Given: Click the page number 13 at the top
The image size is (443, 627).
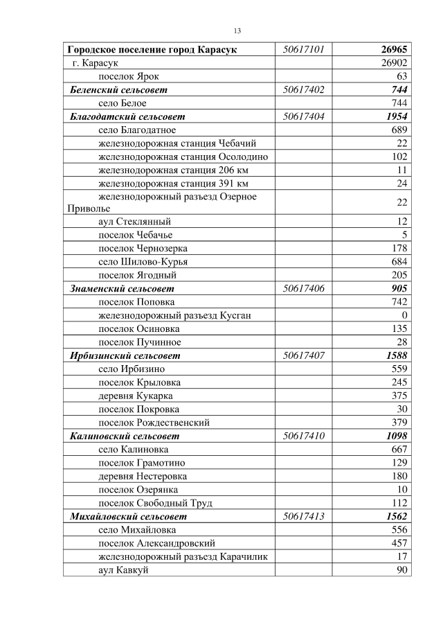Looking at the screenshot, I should pos(237,31).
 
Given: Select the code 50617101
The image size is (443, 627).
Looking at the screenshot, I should pos(303,50).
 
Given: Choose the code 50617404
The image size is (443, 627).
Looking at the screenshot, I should pos(303,116).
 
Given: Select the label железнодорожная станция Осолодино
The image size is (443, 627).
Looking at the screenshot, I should pos(183,157).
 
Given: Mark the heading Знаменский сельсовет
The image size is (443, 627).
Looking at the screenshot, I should pos(123,288).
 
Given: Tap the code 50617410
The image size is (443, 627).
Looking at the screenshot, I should pos(303,436).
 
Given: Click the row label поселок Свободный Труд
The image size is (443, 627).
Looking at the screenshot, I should pos(155,503).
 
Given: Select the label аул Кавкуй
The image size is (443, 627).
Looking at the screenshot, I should pos(123,569).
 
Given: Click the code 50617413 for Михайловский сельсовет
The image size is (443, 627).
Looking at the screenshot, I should pos(303,516).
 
